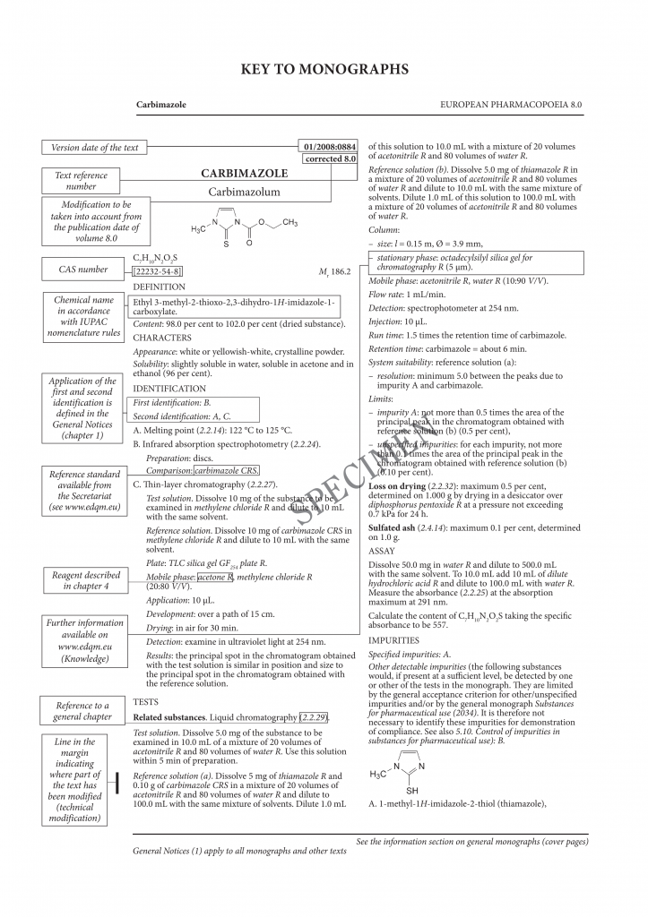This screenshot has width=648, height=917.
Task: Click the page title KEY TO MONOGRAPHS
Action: (324, 69)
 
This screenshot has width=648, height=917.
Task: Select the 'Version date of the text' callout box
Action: (94, 148)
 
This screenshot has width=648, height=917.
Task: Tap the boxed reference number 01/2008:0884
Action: (330, 146)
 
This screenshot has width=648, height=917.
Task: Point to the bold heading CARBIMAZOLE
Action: (244, 173)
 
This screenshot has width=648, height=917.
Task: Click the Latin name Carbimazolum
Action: (244, 192)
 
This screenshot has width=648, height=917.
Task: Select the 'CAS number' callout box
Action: (82, 269)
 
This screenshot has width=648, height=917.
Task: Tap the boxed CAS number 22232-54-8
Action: (158, 271)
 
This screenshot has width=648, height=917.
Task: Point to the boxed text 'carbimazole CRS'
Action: (227, 470)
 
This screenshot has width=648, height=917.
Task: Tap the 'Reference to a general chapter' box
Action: (82, 711)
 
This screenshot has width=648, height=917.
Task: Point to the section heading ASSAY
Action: (382, 551)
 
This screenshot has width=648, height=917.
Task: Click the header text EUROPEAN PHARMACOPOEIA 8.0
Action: (512, 105)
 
